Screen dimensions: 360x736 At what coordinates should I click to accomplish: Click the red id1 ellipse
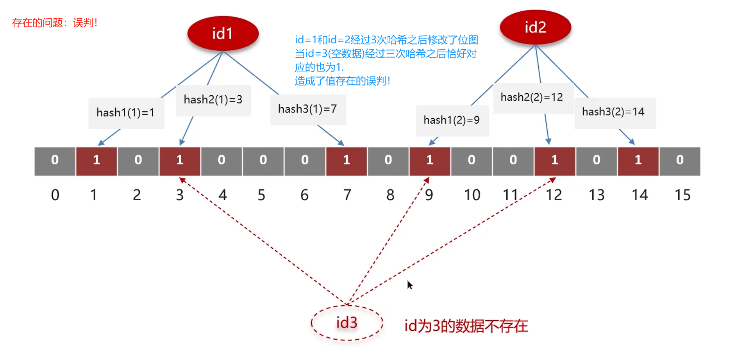click(223, 33)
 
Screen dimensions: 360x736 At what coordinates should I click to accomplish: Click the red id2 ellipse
click(535, 27)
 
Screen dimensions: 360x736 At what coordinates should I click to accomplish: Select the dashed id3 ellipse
click(347, 323)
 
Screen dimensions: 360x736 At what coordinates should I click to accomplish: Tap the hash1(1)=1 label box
click(126, 113)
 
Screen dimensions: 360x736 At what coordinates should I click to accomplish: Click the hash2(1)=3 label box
click(213, 100)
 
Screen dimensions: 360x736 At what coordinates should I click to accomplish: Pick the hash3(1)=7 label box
click(308, 109)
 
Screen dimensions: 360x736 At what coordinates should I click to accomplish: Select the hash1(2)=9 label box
click(452, 120)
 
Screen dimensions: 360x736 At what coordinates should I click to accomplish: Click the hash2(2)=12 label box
click(532, 97)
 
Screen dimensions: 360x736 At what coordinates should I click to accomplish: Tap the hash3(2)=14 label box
click(614, 112)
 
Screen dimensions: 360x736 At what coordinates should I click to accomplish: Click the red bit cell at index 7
click(346, 160)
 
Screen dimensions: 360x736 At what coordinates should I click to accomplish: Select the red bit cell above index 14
click(638, 160)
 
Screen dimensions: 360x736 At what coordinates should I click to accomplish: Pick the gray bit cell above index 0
click(55, 160)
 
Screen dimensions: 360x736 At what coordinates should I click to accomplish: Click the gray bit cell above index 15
click(679, 160)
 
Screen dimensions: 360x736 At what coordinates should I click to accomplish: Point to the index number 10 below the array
click(472, 195)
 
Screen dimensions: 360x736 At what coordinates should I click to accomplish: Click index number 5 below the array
click(261, 195)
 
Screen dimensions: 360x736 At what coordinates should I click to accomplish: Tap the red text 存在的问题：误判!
click(55, 23)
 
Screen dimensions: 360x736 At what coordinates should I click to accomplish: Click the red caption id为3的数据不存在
click(466, 326)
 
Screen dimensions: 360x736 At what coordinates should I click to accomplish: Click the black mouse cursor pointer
click(409, 285)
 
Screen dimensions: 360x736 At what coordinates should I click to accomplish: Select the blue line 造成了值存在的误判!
click(343, 81)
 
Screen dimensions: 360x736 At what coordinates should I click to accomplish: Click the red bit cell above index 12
click(554, 160)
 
